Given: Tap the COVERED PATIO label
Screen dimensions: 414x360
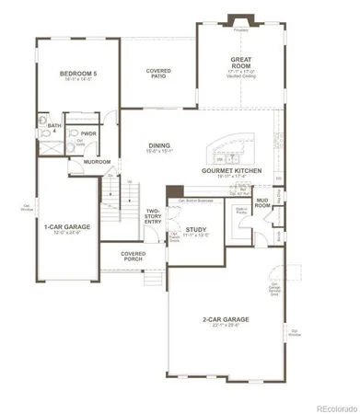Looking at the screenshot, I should click(x=160, y=73).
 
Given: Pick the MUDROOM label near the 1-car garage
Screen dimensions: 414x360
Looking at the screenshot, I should click(x=97, y=162).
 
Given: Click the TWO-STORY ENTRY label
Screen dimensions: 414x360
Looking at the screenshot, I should click(x=153, y=217).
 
